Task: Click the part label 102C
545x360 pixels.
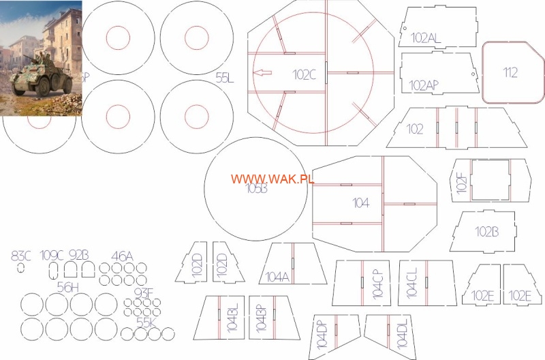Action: tap(305, 74)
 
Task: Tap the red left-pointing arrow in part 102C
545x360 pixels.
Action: tap(262, 72)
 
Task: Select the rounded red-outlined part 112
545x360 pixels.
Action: tap(511, 72)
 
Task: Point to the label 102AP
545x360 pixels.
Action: tap(424, 85)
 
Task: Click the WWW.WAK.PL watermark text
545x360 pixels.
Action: tap(272, 179)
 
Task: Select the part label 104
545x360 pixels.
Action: tap(360, 202)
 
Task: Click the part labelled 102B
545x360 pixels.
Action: tap(486, 231)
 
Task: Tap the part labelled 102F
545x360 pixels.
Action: tap(489, 180)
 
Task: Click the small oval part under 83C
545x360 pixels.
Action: tap(22, 268)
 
